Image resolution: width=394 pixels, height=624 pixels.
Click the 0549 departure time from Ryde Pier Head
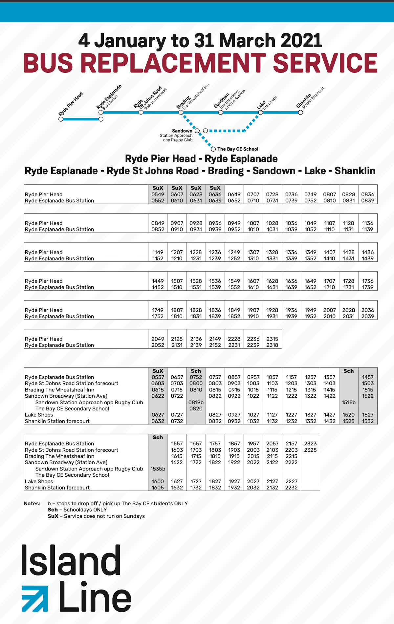[158, 194]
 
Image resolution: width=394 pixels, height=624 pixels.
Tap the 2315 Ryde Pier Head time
[272, 339]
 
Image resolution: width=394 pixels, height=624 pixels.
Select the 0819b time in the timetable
[196, 402]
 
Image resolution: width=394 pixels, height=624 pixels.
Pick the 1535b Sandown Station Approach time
[158, 469]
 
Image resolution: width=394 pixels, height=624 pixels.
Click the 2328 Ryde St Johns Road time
[310, 450]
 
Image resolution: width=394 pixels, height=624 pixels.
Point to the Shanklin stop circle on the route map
[300, 113]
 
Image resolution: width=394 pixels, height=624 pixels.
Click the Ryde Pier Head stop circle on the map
[61, 119]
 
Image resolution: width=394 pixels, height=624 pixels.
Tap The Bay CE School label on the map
[238, 149]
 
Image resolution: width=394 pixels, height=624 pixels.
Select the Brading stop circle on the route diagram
[181, 113]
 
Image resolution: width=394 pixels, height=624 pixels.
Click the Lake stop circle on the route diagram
[261, 113]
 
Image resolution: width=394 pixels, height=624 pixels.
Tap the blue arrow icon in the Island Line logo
[34, 598]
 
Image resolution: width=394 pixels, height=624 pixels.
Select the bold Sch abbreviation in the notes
[53, 510]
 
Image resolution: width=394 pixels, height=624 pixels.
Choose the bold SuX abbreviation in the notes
[53, 516]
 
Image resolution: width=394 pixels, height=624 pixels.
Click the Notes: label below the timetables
[32, 503]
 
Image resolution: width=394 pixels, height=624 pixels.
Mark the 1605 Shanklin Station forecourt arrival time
[158, 488]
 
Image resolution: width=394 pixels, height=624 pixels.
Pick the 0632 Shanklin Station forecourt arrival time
[158, 421]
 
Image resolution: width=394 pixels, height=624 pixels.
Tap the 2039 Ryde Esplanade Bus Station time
[368, 316]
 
